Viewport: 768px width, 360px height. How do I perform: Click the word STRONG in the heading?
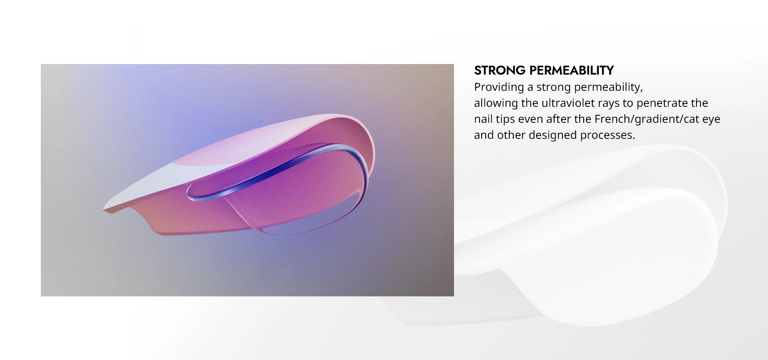[x=500, y=70]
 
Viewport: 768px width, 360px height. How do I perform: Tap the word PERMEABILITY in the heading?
[x=572, y=70]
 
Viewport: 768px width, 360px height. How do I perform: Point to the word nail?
[x=483, y=119]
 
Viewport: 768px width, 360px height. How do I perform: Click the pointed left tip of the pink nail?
[x=104, y=210]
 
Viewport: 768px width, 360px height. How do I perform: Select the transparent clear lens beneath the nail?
[x=296, y=216]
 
